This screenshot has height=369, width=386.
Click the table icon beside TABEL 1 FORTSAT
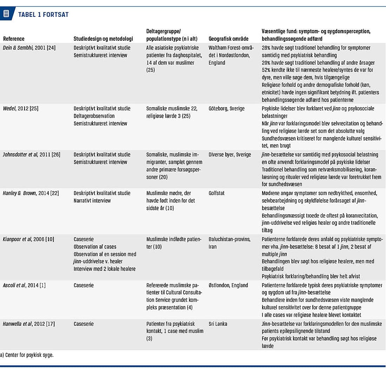pyautogui.click(x=6, y=14)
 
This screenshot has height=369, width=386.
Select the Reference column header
pyautogui.click(x=14, y=39)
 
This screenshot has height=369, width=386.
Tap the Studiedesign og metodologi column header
pyautogui.click(x=103, y=39)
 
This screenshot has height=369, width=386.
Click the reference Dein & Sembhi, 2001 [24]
pyautogui.click(x=31, y=47)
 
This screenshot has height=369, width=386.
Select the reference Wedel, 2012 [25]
pyautogui.click(x=21, y=108)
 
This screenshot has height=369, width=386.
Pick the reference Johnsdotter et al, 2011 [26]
pyautogui.click(x=31, y=155)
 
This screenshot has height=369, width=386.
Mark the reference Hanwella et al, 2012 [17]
pyautogui.click(x=29, y=324)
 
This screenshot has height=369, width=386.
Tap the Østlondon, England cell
pyautogui.click(x=228, y=285)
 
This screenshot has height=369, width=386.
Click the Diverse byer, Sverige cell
pyautogui.click(x=230, y=155)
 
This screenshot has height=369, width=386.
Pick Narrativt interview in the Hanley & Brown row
pyautogui.click(x=92, y=201)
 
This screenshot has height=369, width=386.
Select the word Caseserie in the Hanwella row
pyautogui.click(x=84, y=324)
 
